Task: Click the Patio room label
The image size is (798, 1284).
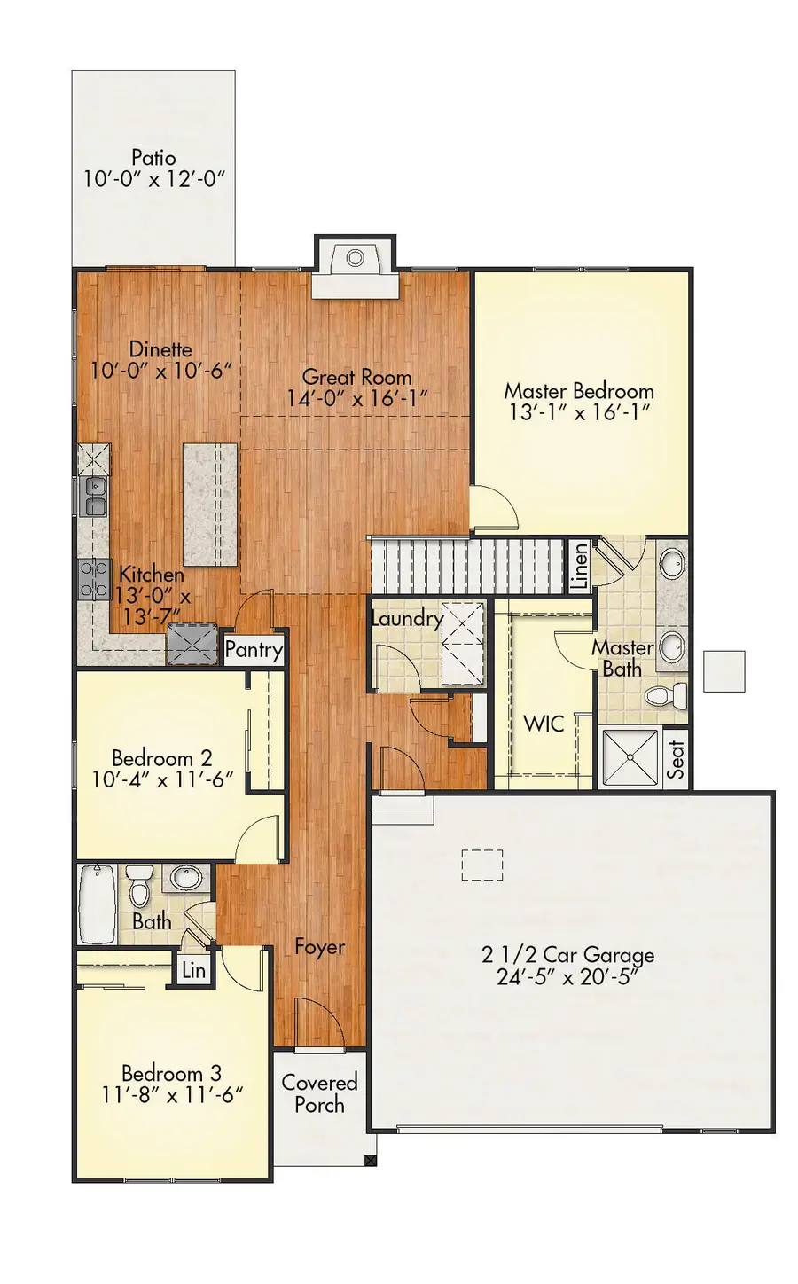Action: click(x=153, y=158)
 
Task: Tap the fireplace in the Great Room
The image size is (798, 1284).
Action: click(x=355, y=259)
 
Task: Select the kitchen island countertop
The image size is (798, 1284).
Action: click(x=210, y=505)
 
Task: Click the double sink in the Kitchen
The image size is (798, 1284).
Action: click(x=94, y=497)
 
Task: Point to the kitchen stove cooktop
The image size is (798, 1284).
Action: click(x=92, y=579)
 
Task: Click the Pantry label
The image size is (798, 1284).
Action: click(x=254, y=650)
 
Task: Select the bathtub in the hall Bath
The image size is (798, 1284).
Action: click(x=98, y=904)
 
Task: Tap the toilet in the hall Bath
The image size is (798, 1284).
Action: click(x=139, y=884)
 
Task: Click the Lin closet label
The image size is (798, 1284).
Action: click(x=193, y=970)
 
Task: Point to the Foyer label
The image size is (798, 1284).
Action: click(x=319, y=947)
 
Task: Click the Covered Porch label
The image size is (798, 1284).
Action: click(x=319, y=1093)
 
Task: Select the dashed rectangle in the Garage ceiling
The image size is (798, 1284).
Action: click(x=482, y=865)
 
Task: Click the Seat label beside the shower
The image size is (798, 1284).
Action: click(x=676, y=759)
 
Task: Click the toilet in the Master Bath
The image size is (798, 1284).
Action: click(x=668, y=695)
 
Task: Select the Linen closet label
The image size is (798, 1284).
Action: click(x=580, y=566)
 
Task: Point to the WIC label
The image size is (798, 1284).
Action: click(x=544, y=724)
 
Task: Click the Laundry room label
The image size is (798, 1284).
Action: click(x=407, y=618)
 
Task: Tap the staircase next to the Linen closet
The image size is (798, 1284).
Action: click(x=465, y=566)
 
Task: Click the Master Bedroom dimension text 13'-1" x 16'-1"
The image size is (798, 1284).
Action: click(x=580, y=412)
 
